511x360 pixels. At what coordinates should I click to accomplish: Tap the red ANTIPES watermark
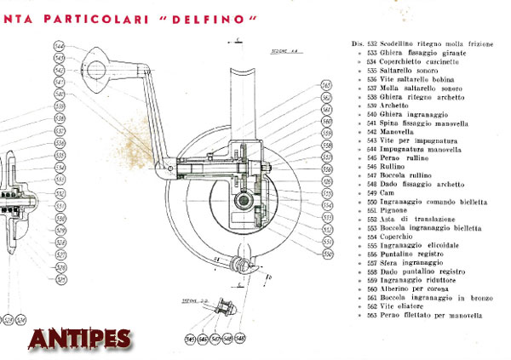click(79, 338)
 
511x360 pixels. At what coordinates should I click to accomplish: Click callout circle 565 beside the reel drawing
click(326, 85)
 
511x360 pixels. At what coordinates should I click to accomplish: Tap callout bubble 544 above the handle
click(59, 46)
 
